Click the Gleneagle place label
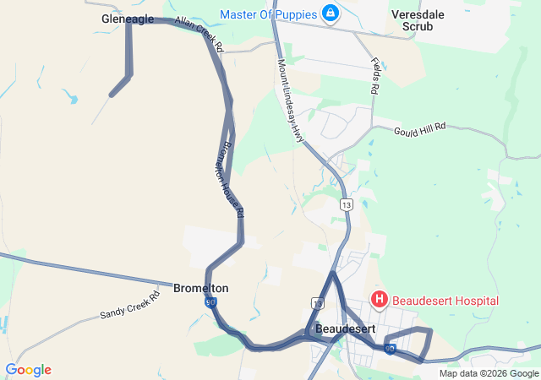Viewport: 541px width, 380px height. (x=128, y=19)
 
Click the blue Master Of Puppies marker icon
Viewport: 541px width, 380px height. (x=330, y=14)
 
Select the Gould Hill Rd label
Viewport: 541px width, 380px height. (x=419, y=128)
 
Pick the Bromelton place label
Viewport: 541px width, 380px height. (x=200, y=288)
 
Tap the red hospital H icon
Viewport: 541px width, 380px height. (x=380, y=300)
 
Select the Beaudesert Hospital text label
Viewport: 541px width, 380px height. (x=445, y=301)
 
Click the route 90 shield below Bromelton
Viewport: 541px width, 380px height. (x=210, y=302)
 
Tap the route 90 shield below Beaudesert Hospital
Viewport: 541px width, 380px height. (x=390, y=348)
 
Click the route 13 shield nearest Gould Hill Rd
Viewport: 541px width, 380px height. (x=347, y=204)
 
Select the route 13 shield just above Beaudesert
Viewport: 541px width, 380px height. (x=317, y=302)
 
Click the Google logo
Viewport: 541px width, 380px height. (x=29, y=370)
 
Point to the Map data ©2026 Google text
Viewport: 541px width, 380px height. (x=488, y=374)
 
